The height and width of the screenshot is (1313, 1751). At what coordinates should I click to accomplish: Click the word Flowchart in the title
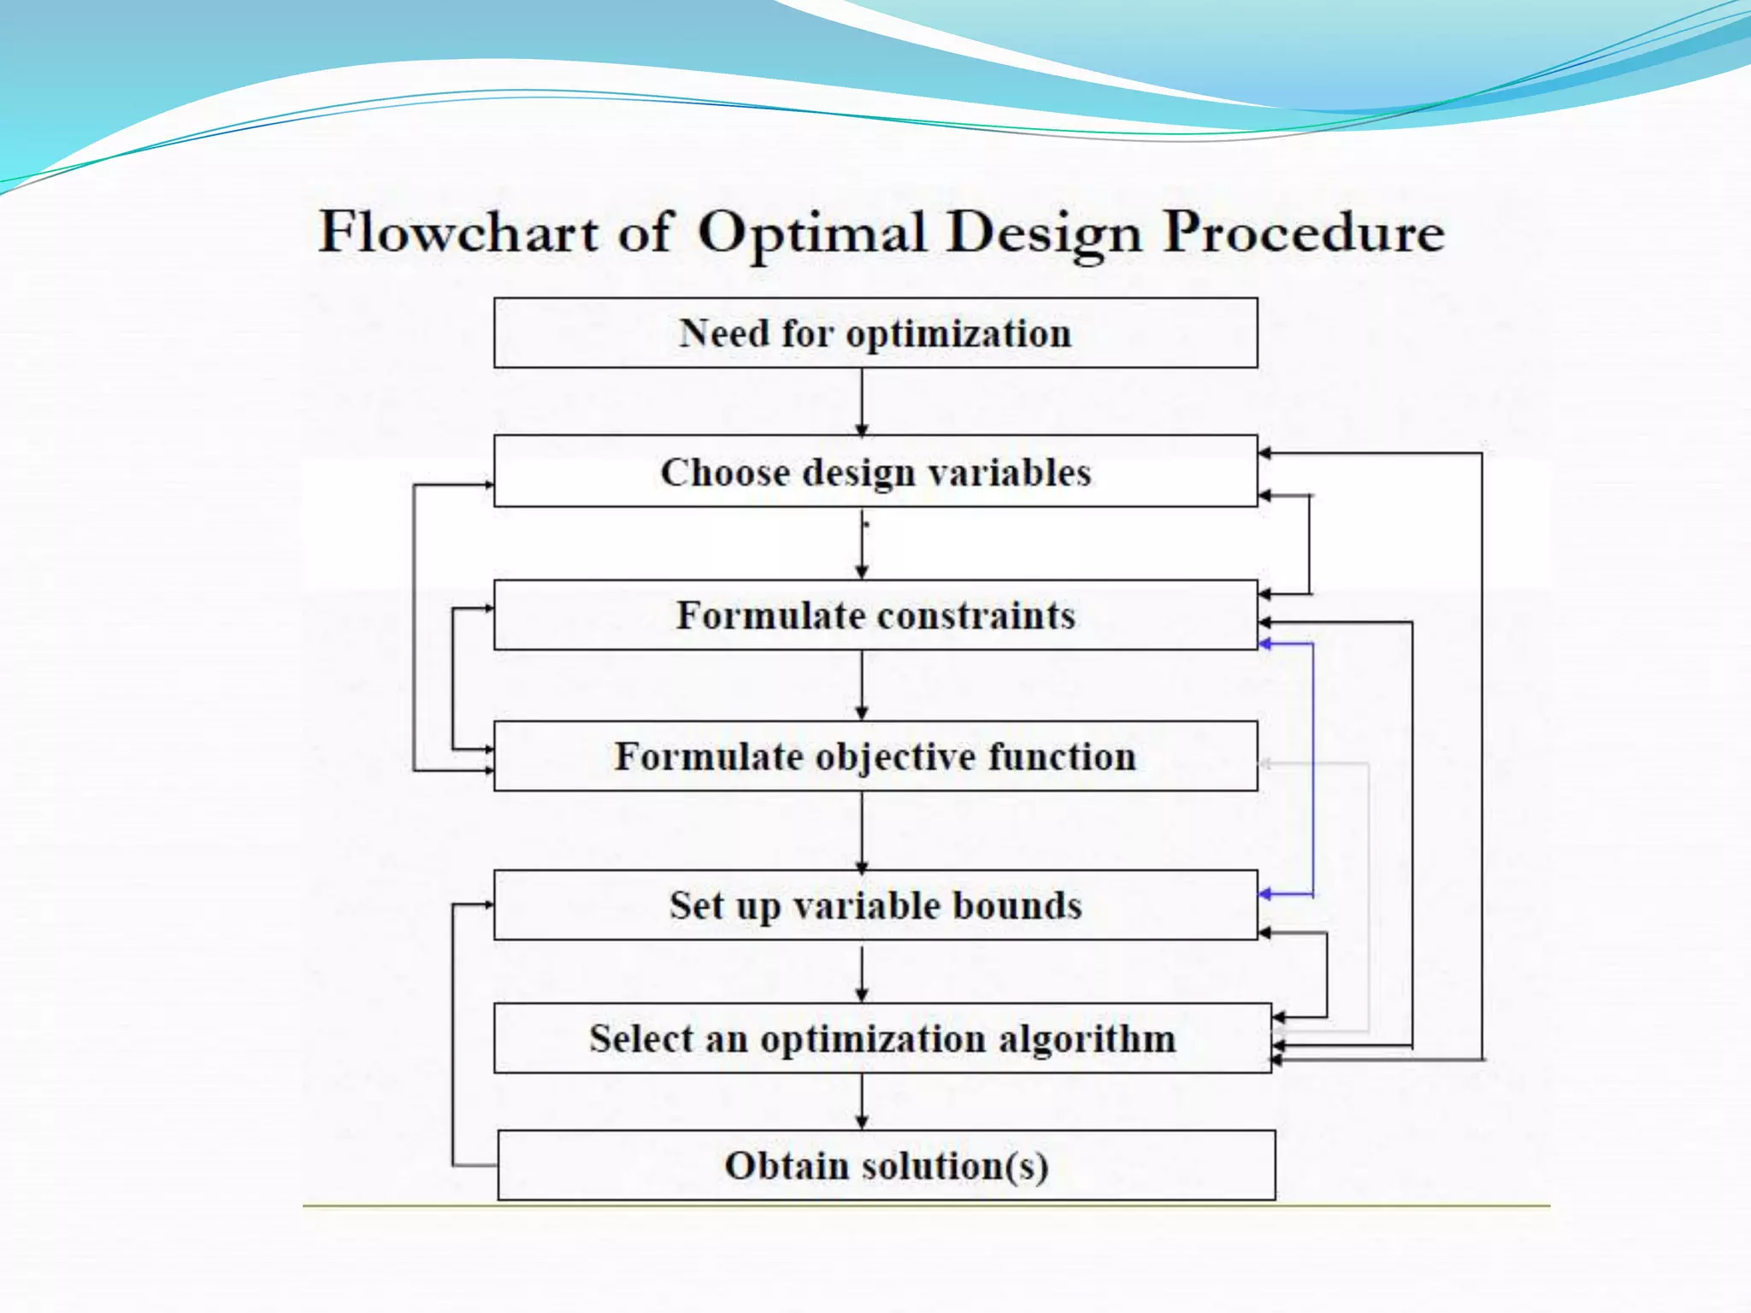(x=458, y=233)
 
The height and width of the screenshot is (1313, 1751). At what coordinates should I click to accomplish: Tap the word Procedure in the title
(x=1304, y=233)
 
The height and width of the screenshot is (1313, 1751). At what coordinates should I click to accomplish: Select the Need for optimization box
(x=875, y=333)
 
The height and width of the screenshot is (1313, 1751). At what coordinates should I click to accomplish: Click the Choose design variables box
(x=875, y=472)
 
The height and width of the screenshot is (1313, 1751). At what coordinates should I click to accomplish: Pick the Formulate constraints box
(x=875, y=615)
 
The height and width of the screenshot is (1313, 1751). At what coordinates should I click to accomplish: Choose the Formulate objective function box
(x=875, y=757)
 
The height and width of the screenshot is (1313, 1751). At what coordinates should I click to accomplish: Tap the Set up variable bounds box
(x=875, y=905)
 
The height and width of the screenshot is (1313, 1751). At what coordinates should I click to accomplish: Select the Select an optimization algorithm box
(x=882, y=1039)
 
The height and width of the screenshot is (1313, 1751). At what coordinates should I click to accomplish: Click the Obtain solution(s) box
(x=887, y=1165)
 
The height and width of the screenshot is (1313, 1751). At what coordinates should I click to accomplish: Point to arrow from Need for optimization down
(x=862, y=402)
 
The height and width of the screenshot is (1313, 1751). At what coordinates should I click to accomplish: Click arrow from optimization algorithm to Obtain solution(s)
(x=862, y=1103)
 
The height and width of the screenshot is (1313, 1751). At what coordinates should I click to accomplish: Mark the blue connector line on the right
(x=1312, y=769)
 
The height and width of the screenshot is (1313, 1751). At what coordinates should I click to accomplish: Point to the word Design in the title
(x=1044, y=233)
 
